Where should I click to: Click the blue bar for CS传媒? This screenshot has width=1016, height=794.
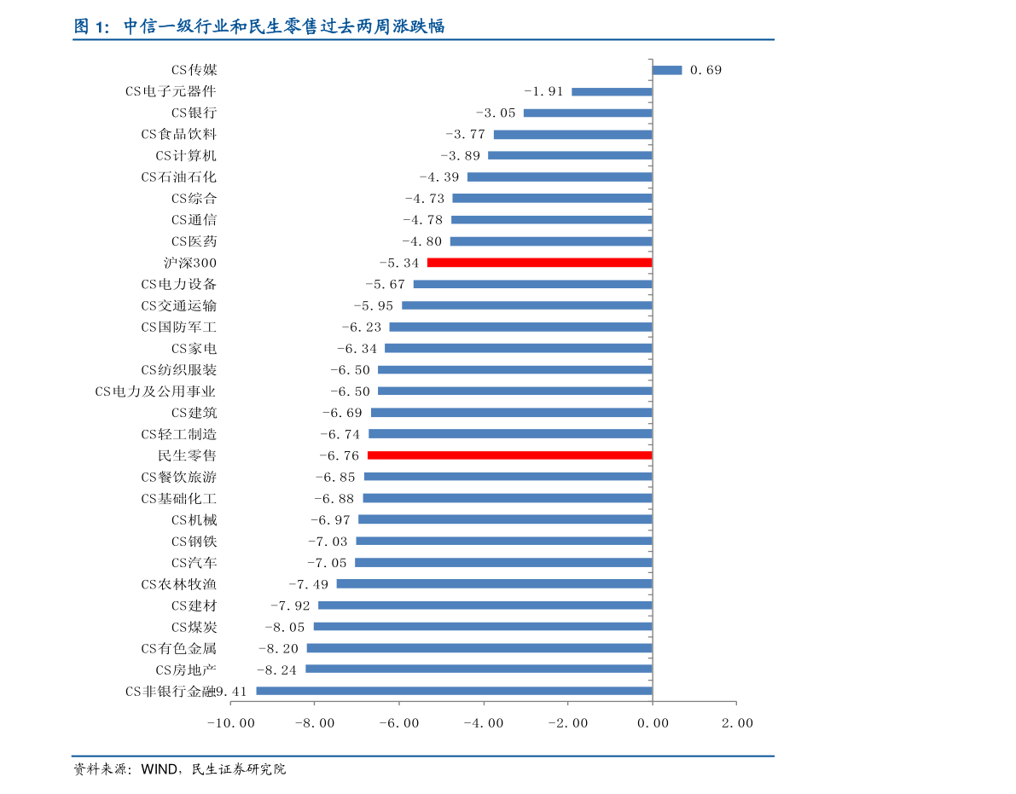pos(667,70)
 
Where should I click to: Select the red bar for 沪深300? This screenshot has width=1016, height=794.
pos(539,263)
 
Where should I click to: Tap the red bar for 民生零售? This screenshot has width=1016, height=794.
pos(509,455)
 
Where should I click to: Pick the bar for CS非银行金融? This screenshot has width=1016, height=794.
pos(454,691)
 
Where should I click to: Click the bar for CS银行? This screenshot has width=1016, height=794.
pos(588,113)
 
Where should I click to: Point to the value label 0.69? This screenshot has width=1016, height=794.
pos(705,70)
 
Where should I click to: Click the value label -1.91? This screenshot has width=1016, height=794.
pos(543,91)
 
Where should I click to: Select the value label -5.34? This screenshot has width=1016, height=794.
pos(398,263)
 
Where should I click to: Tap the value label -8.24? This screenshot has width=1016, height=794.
pos(276,669)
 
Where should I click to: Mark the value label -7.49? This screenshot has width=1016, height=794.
pos(308,583)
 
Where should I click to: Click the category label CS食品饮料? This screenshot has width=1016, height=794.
pos(179,134)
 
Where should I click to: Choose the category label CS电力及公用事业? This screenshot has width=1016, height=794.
pos(155,391)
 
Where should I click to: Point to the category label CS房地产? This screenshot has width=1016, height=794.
pos(186,669)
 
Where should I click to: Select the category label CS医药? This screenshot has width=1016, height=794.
pos(194,241)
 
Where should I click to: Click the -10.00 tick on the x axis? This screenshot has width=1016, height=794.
pos(230,722)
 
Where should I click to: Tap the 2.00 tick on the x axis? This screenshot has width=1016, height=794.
pos(737,722)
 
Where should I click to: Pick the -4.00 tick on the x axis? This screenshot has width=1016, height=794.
pos(484,722)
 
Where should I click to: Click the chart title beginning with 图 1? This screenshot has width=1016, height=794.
pos(259,26)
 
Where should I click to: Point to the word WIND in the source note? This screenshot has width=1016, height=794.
pos(158,769)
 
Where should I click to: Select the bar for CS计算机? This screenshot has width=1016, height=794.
pos(570,155)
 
